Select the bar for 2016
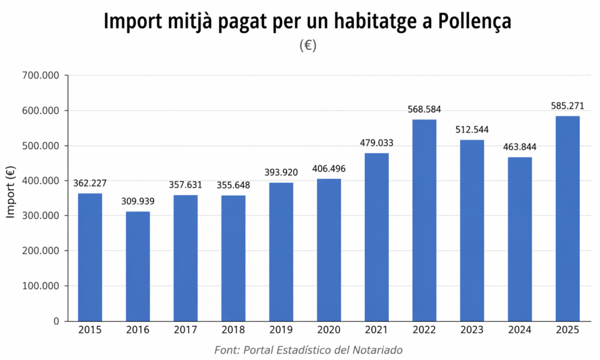click(x=138, y=266)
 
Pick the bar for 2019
click(x=281, y=252)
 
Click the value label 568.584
click(x=425, y=110)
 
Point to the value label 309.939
click(x=138, y=202)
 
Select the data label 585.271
click(x=567, y=106)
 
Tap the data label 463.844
click(x=520, y=147)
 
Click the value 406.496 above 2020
click(x=329, y=169)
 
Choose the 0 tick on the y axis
click(x=56, y=321)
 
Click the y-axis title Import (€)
click(x=11, y=192)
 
